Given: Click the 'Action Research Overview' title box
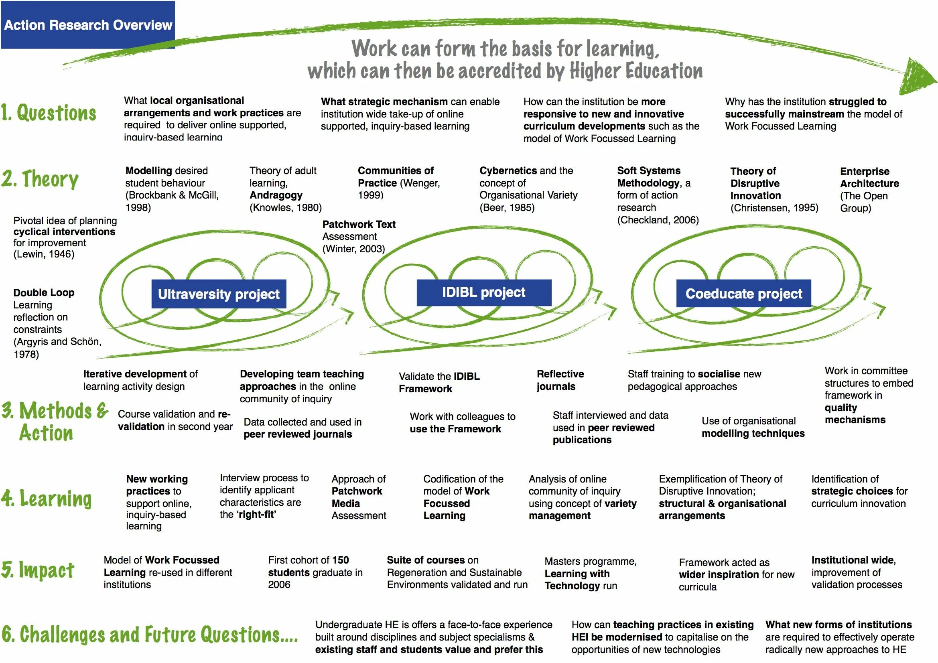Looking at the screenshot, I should click(x=88, y=25).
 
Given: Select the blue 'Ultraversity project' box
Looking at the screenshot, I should click(x=219, y=294).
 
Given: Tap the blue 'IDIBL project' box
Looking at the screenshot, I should click(x=484, y=292).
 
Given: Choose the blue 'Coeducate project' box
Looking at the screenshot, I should click(x=743, y=293).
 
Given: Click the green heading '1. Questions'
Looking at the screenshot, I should click(x=49, y=113).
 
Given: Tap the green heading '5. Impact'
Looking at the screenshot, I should click(x=38, y=570).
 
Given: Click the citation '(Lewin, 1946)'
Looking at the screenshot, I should click(x=44, y=254).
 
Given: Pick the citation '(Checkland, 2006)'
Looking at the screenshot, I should click(x=658, y=220).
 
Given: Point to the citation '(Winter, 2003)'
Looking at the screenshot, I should click(x=353, y=249).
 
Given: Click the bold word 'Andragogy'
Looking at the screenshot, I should click(x=276, y=195).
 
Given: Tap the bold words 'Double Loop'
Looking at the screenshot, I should click(x=44, y=292).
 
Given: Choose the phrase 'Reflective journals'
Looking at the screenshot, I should click(x=560, y=380).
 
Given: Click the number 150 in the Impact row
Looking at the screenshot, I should click(x=340, y=560).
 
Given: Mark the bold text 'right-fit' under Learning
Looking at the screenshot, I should click(x=256, y=515).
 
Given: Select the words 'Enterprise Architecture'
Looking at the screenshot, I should click(x=869, y=177).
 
